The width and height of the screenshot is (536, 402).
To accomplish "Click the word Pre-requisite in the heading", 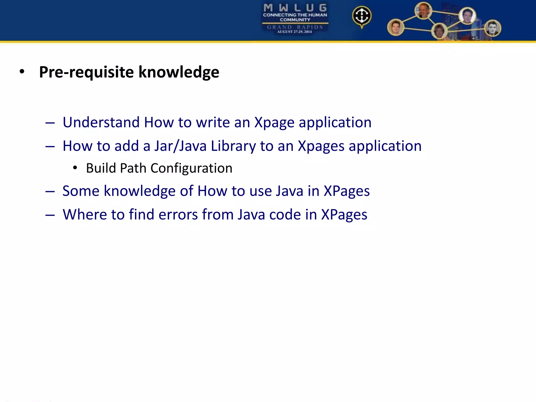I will coord(86,72).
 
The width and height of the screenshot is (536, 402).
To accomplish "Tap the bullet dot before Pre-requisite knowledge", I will coord(22,71).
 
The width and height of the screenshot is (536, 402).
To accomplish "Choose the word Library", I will coord(233,146).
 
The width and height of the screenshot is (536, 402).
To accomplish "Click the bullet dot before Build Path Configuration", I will coord(75,168).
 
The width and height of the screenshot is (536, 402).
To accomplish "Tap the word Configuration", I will coord(191,168).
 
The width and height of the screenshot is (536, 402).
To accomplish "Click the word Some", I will coord(81,191).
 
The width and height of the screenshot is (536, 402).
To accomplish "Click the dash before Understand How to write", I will coord(50,123).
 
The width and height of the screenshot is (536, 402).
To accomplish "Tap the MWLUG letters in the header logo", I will coord(295,8).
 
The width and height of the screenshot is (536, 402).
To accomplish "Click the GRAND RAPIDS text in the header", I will coord(295,27).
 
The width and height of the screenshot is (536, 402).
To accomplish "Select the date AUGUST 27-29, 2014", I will coord(294,32).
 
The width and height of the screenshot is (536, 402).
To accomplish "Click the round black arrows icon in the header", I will coord(362,16).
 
